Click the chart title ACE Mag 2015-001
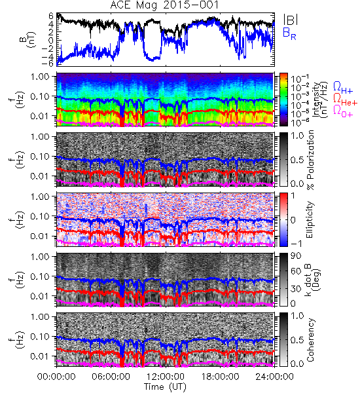click(164, 5)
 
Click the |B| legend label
click(291, 20)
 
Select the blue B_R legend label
click(289, 33)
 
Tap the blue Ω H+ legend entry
click(343, 88)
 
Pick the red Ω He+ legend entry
click(345, 99)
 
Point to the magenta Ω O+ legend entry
click(343, 111)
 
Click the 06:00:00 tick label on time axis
click(111, 377)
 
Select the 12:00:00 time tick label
click(166, 377)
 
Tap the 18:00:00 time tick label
click(220, 377)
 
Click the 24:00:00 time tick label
click(274, 377)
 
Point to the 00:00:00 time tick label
click(56, 377)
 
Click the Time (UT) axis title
click(165, 386)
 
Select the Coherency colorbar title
click(310, 340)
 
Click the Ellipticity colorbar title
click(310, 219)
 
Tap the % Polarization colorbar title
click(310, 160)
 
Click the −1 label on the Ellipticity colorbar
click(296, 243)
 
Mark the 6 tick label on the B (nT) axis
click(51, 16)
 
